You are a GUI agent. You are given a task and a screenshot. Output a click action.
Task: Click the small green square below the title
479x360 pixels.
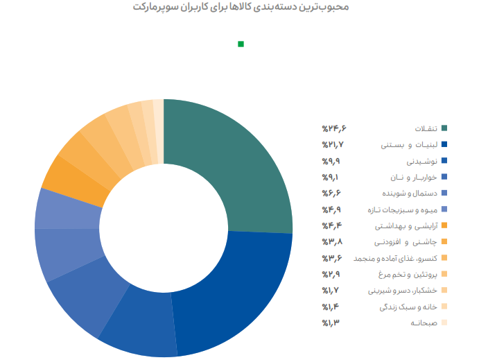[241, 44]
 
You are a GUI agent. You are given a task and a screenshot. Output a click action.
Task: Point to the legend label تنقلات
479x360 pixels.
[426, 128]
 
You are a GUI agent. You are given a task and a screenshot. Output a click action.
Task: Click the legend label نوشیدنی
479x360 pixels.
[421, 161]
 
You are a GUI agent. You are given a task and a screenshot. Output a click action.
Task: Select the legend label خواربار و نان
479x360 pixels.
[414, 177]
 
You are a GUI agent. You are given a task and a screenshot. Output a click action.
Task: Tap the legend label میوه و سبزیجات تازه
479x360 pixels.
[404, 209]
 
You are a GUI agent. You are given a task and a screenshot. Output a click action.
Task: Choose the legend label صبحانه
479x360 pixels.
[424, 323]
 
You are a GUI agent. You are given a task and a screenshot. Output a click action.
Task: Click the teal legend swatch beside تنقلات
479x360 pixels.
[444, 128]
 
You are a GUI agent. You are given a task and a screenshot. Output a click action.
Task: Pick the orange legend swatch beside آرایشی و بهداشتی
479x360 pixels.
[444, 225]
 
